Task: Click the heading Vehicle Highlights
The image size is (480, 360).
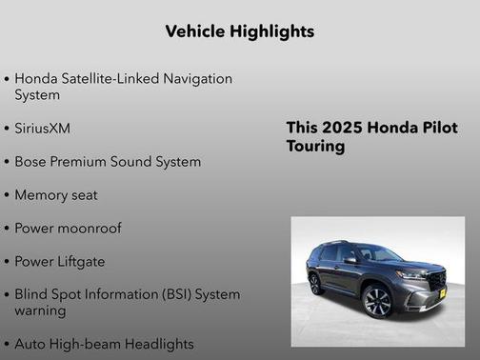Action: pyautogui.click(x=239, y=31)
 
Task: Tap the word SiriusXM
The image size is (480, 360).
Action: pyautogui.click(x=43, y=128)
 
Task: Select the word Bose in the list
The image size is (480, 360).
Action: pyautogui.click(x=31, y=162)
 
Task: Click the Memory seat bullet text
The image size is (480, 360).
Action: pyautogui.click(x=56, y=195)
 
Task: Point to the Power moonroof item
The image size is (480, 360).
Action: pyautogui.click(x=68, y=229)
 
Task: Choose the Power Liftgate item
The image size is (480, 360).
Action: pyautogui.click(x=60, y=261)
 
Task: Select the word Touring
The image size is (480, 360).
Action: pyautogui.click(x=315, y=148)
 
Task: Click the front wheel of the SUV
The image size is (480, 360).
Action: pyautogui.click(x=377, y=301)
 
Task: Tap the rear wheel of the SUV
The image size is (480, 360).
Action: pyautogui.click(x=315, y=284)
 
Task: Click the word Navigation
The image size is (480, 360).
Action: pyautogui.click(x=194, y=77)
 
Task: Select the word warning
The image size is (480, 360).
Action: pyautogui.click(x=40, y=310)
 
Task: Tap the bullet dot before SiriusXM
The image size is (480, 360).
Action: pyautogui.click(x=7, y=128)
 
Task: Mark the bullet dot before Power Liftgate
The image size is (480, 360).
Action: pyautogui.click(x=7, y=261)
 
